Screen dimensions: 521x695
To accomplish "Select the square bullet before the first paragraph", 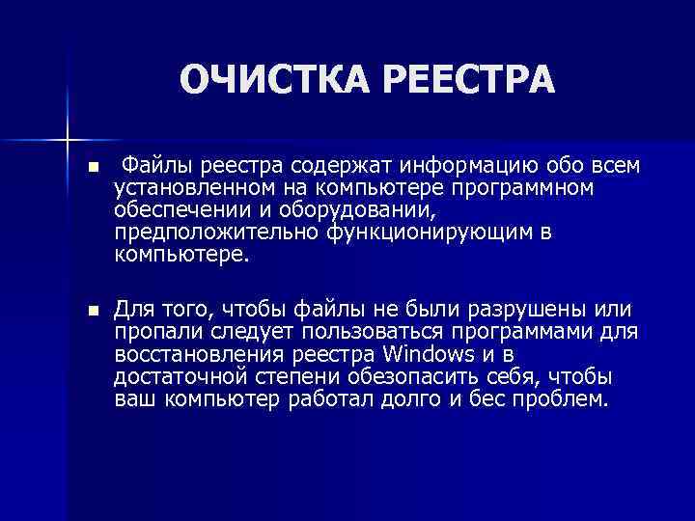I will (92, 167).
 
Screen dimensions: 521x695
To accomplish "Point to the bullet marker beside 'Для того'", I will (92, 311).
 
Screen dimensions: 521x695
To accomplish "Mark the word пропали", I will (155, 332).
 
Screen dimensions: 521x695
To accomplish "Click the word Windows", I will (429, 355).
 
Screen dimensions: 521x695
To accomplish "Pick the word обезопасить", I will (391, 378).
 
